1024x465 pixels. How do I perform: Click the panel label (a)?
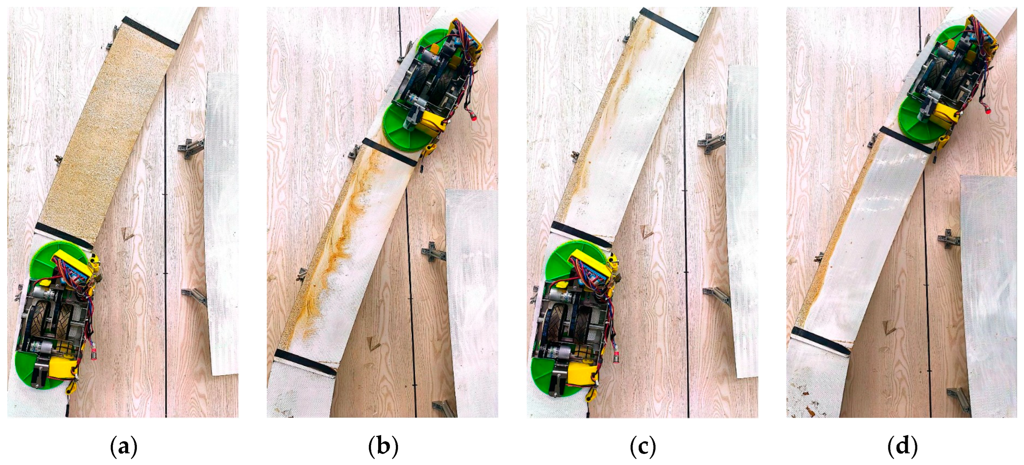click(x=124, y=447)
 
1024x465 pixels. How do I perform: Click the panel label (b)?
click(x=383, y=447)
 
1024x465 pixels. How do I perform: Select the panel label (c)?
click(x=643, y=447)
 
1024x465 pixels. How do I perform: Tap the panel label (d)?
click(x=902, y=447)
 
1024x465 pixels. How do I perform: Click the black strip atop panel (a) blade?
click(x=151, y=33)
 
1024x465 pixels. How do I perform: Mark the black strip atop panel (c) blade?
click(x=669, y=25)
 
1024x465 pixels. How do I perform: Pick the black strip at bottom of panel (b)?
click(x=305, y=362)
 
